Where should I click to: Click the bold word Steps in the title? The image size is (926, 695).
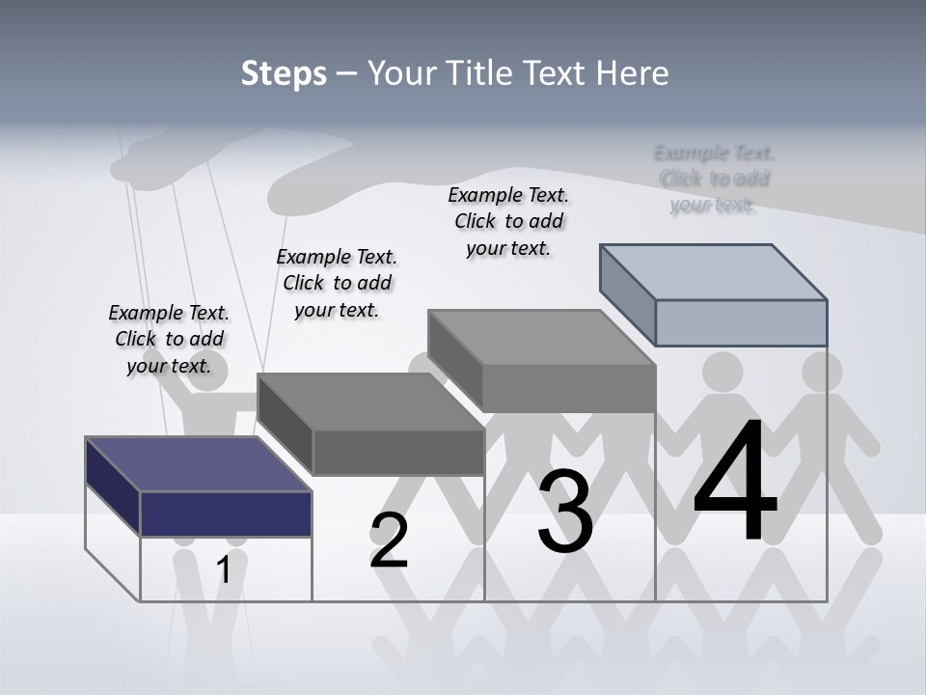click(284, 73)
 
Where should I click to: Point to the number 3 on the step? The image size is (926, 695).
click(565, 512)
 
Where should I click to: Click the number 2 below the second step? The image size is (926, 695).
click(389, 541)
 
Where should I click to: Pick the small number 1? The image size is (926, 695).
click(223, 570)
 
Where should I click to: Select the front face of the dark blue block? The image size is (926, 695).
click(226, 514)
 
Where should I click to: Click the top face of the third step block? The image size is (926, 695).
click(541, 337)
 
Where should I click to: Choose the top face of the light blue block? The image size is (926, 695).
click(713, 271)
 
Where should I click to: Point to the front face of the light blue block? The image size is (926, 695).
click(741, 322)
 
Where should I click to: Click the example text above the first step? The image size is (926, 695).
click(170, 339)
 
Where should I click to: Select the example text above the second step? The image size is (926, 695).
click(337, 283)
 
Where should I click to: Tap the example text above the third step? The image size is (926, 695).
click(508, 221)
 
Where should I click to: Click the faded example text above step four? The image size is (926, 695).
click(714, 179)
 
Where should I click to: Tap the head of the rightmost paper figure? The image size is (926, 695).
click(822, 372)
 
